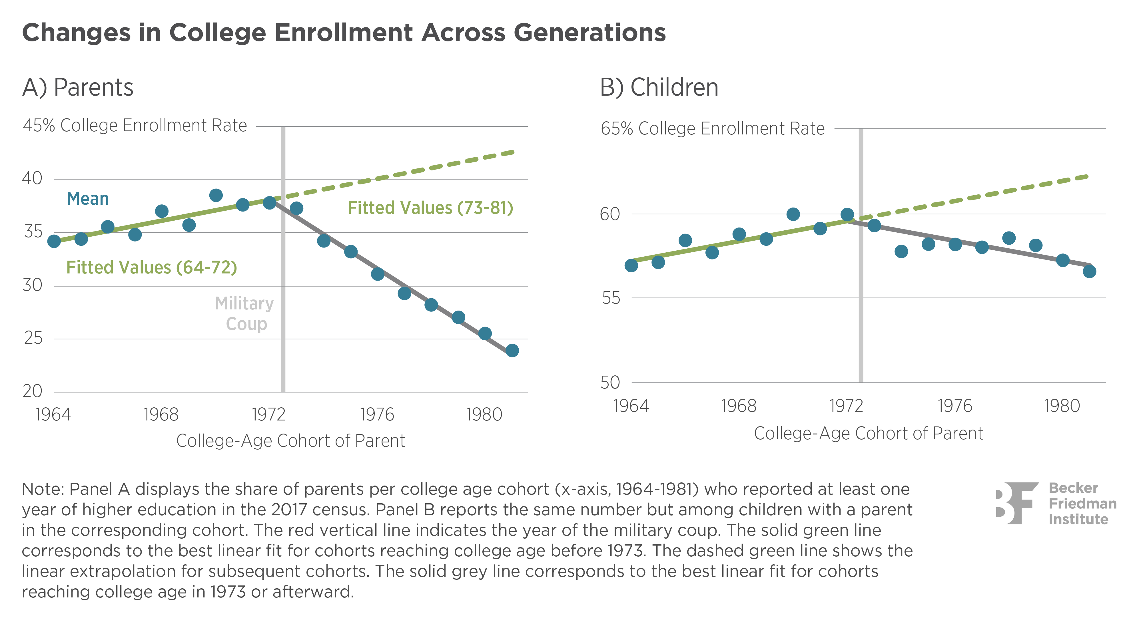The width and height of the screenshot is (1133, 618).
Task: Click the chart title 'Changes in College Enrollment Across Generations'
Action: (x=344, y=33)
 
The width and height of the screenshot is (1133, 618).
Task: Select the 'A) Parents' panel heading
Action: (x=78, y=87)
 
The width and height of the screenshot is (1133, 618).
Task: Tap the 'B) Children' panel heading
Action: (x=659, y=87)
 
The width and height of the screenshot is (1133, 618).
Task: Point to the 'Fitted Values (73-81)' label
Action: (x=430, y=208)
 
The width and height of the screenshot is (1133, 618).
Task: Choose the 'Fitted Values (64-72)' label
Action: (x=151, y=267)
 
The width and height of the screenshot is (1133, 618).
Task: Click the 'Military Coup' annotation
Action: (x=244, y=314)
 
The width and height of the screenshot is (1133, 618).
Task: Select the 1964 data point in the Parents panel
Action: (x=54, y=241)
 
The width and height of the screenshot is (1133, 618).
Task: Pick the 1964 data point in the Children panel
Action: (x=631, y=265)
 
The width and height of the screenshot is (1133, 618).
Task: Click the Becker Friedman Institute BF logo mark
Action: (x=1017, y=503)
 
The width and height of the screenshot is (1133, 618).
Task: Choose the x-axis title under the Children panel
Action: (x=868, y=433)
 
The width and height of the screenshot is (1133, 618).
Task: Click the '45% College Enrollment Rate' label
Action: (x=135, y=126)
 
